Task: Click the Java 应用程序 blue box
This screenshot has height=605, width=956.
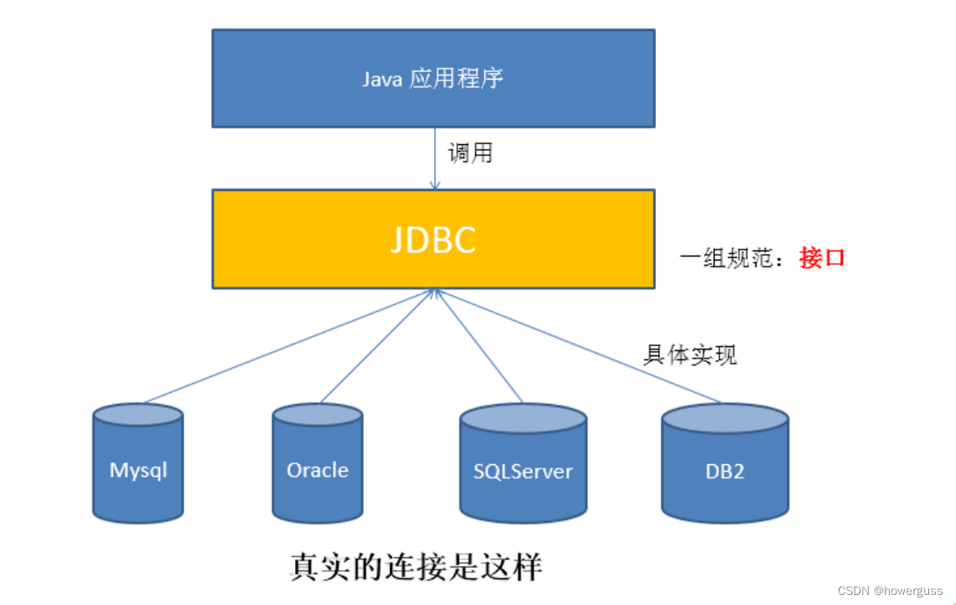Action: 433,78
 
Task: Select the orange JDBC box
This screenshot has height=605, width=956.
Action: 433,239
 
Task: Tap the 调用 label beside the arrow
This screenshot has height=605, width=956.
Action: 470,153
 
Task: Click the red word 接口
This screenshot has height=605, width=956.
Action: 822,257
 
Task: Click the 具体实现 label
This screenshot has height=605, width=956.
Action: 690,354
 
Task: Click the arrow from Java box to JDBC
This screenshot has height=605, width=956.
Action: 434,158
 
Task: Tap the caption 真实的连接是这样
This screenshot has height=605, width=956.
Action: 416,567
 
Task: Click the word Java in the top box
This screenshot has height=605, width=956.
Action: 381,79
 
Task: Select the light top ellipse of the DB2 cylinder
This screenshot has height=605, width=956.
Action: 725,417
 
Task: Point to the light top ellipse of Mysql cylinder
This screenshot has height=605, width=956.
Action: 138,415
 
